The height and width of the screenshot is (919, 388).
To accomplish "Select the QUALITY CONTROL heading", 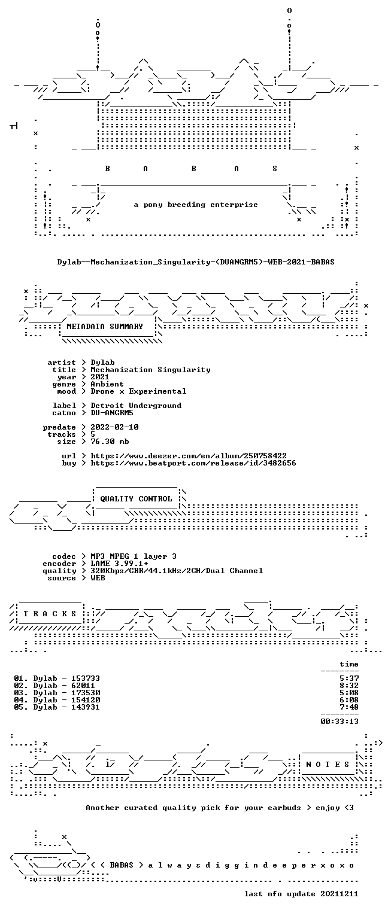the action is pos(136,499).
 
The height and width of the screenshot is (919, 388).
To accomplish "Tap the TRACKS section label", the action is pos(50,614).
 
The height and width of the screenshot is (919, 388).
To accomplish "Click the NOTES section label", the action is pos(328,765).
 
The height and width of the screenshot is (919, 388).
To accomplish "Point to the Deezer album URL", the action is pos(189,456).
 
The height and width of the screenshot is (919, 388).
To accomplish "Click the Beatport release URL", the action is pos(193,463).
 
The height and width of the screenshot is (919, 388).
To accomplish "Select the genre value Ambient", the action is pos(107,384).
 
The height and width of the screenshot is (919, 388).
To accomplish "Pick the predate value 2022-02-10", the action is pos(114,427).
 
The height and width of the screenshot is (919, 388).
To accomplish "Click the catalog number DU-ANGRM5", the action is pos(112,413).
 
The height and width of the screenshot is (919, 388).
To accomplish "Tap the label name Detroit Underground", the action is pos(136,406).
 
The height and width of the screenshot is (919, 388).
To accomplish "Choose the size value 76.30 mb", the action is pos(110,442).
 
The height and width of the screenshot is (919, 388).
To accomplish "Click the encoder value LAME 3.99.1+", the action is pos(119,564).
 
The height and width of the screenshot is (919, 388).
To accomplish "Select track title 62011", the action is pos(83,686).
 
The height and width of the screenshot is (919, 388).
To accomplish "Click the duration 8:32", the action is pos(349,686).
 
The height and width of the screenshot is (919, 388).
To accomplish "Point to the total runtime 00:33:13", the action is pos(339,721).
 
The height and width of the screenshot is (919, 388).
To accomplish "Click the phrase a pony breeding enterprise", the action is pos(196,205).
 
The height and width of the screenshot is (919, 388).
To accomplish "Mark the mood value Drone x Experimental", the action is pos(138,391).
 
